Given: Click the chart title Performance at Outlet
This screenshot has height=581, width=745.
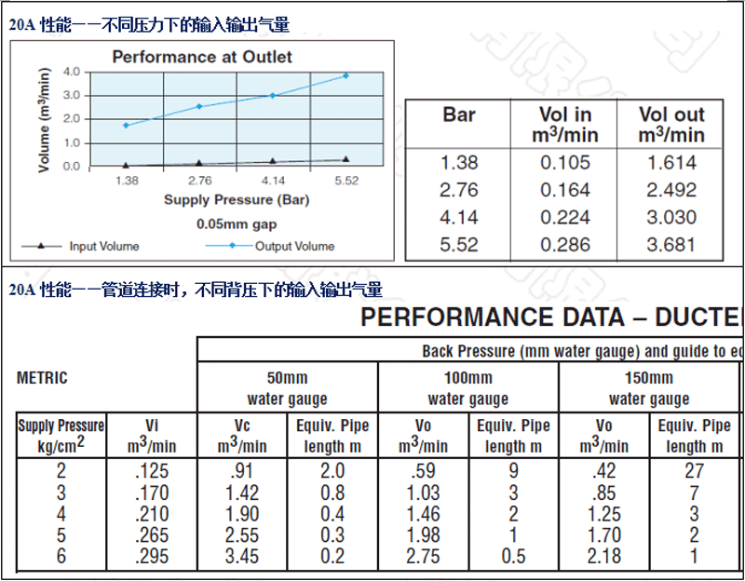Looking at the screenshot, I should (x=202, y=57).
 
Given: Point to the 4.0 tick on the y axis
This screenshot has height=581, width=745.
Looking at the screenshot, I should (x=72, y=71).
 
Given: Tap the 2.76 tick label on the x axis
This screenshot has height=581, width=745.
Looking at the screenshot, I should (x=199, y=181).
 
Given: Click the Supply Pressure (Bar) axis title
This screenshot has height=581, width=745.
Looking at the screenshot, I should (x=237, y=199).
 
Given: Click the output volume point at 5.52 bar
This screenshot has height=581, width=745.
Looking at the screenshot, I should (x=345, y=75).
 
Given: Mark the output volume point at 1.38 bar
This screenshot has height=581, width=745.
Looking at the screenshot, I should (x=126, y=125).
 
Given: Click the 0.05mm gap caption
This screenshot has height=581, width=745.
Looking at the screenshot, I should (x=237, y=224).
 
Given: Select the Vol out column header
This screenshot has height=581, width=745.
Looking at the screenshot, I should (x=671, y=125).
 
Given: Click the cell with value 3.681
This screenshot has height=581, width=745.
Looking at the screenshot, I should (x=671, y=245).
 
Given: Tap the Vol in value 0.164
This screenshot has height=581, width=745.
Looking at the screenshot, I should (x=566, y=190).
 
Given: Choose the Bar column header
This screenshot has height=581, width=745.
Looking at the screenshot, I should (x=459, y=115).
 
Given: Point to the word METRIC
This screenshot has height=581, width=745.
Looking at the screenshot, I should (x=42, y=379).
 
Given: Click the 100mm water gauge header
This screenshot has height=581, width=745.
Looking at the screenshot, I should (x=467, y=388).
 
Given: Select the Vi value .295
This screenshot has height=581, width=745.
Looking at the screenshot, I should (x=152, y=556).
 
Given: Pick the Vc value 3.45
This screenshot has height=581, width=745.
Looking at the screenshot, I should (x=241, y=556).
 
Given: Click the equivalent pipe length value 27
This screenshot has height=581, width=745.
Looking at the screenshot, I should (x=694, y=471).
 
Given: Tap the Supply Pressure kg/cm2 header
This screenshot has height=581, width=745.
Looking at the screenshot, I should (x=61, y=435).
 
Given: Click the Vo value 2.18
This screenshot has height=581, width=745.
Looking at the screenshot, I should (x=603, y=556).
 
